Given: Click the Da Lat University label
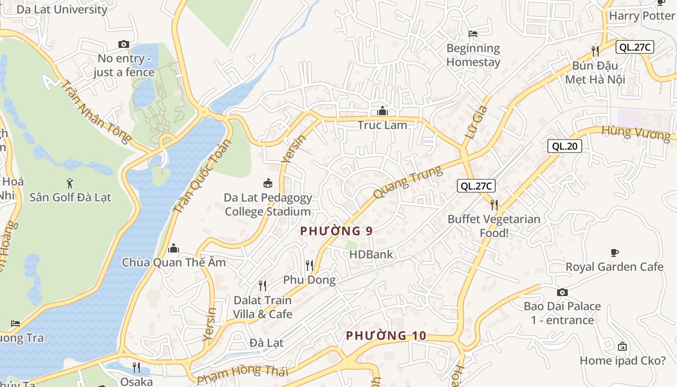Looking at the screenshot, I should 62,9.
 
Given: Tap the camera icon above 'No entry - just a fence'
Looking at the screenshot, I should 124,44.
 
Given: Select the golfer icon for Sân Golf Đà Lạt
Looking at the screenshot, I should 70,183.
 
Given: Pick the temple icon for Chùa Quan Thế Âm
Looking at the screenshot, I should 174,249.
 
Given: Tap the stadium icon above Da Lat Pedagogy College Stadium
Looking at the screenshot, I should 267,183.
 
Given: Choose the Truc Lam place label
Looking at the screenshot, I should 383,125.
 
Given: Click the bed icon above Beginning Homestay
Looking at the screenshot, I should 473,34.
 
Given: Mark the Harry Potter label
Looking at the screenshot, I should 641,16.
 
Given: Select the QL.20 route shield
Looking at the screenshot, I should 564,146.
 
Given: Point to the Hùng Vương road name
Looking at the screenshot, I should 636,133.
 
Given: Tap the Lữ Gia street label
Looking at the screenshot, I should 475,123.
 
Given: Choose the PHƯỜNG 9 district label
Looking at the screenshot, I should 336,231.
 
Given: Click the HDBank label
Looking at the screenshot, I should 371,254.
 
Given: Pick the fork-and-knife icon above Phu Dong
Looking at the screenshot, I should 309,265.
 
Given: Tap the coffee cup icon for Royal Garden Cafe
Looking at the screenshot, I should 615,253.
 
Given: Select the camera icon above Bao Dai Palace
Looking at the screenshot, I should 562,292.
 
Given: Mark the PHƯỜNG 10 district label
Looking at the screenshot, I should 386,335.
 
